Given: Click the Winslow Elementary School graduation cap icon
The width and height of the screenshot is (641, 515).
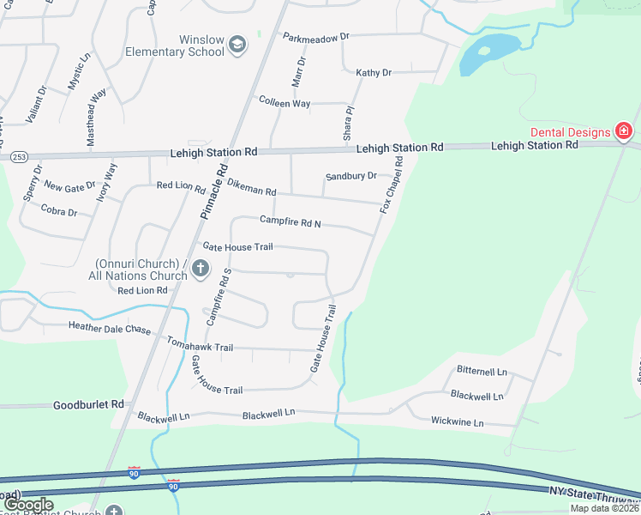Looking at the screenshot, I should click(237, 45).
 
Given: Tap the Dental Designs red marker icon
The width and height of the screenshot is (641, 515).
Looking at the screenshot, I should click(625, 131).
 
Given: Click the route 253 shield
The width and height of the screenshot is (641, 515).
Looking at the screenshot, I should click(19, 157).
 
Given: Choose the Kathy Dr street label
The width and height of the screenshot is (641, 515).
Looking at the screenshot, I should click(374, 73).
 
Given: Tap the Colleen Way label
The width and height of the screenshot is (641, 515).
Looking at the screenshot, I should click(285, 103).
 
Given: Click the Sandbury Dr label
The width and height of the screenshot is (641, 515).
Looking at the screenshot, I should click(350, 176).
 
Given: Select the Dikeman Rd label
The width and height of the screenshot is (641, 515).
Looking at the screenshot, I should click(251, 191).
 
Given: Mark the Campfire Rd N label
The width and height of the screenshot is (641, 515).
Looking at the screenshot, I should click(290, 223).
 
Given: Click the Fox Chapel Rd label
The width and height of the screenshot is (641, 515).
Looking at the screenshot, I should click(392, 185).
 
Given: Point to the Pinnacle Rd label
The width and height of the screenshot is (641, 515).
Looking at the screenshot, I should click(213, 191).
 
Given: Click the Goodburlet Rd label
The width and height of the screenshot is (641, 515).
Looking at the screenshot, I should click(89, 404).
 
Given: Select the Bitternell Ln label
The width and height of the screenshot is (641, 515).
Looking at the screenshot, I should click(482, 372).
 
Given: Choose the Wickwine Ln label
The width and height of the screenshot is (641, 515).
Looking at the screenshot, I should click(457, 422).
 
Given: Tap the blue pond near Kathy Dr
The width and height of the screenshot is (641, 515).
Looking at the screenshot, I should click(488, 53).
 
